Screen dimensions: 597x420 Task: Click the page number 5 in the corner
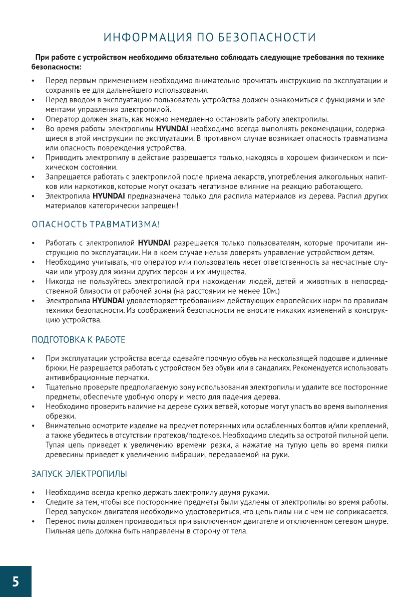pyautogui.click(x=16, y=582)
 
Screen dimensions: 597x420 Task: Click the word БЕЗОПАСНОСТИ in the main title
pyautogui.click(x=267, y=38)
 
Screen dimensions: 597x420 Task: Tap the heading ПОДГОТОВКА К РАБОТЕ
pyautogui.click(x=78, y=340)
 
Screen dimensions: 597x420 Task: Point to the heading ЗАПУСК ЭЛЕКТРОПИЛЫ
pyautogui.click(x=79, y=473)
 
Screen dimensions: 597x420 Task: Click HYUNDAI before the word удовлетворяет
pyautogui.click(x=106, y=300)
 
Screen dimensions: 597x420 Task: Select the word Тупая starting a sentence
pyautogui.click(x=56, y=445)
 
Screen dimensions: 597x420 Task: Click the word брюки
pyautogui.click(x=54, y=368)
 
